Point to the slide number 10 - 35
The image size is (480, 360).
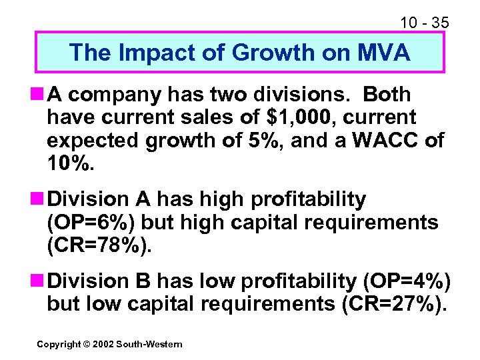[x=425, y=23]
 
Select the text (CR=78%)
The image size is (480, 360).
[x=99, y=245]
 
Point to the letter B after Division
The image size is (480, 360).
[x=151, y=281]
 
